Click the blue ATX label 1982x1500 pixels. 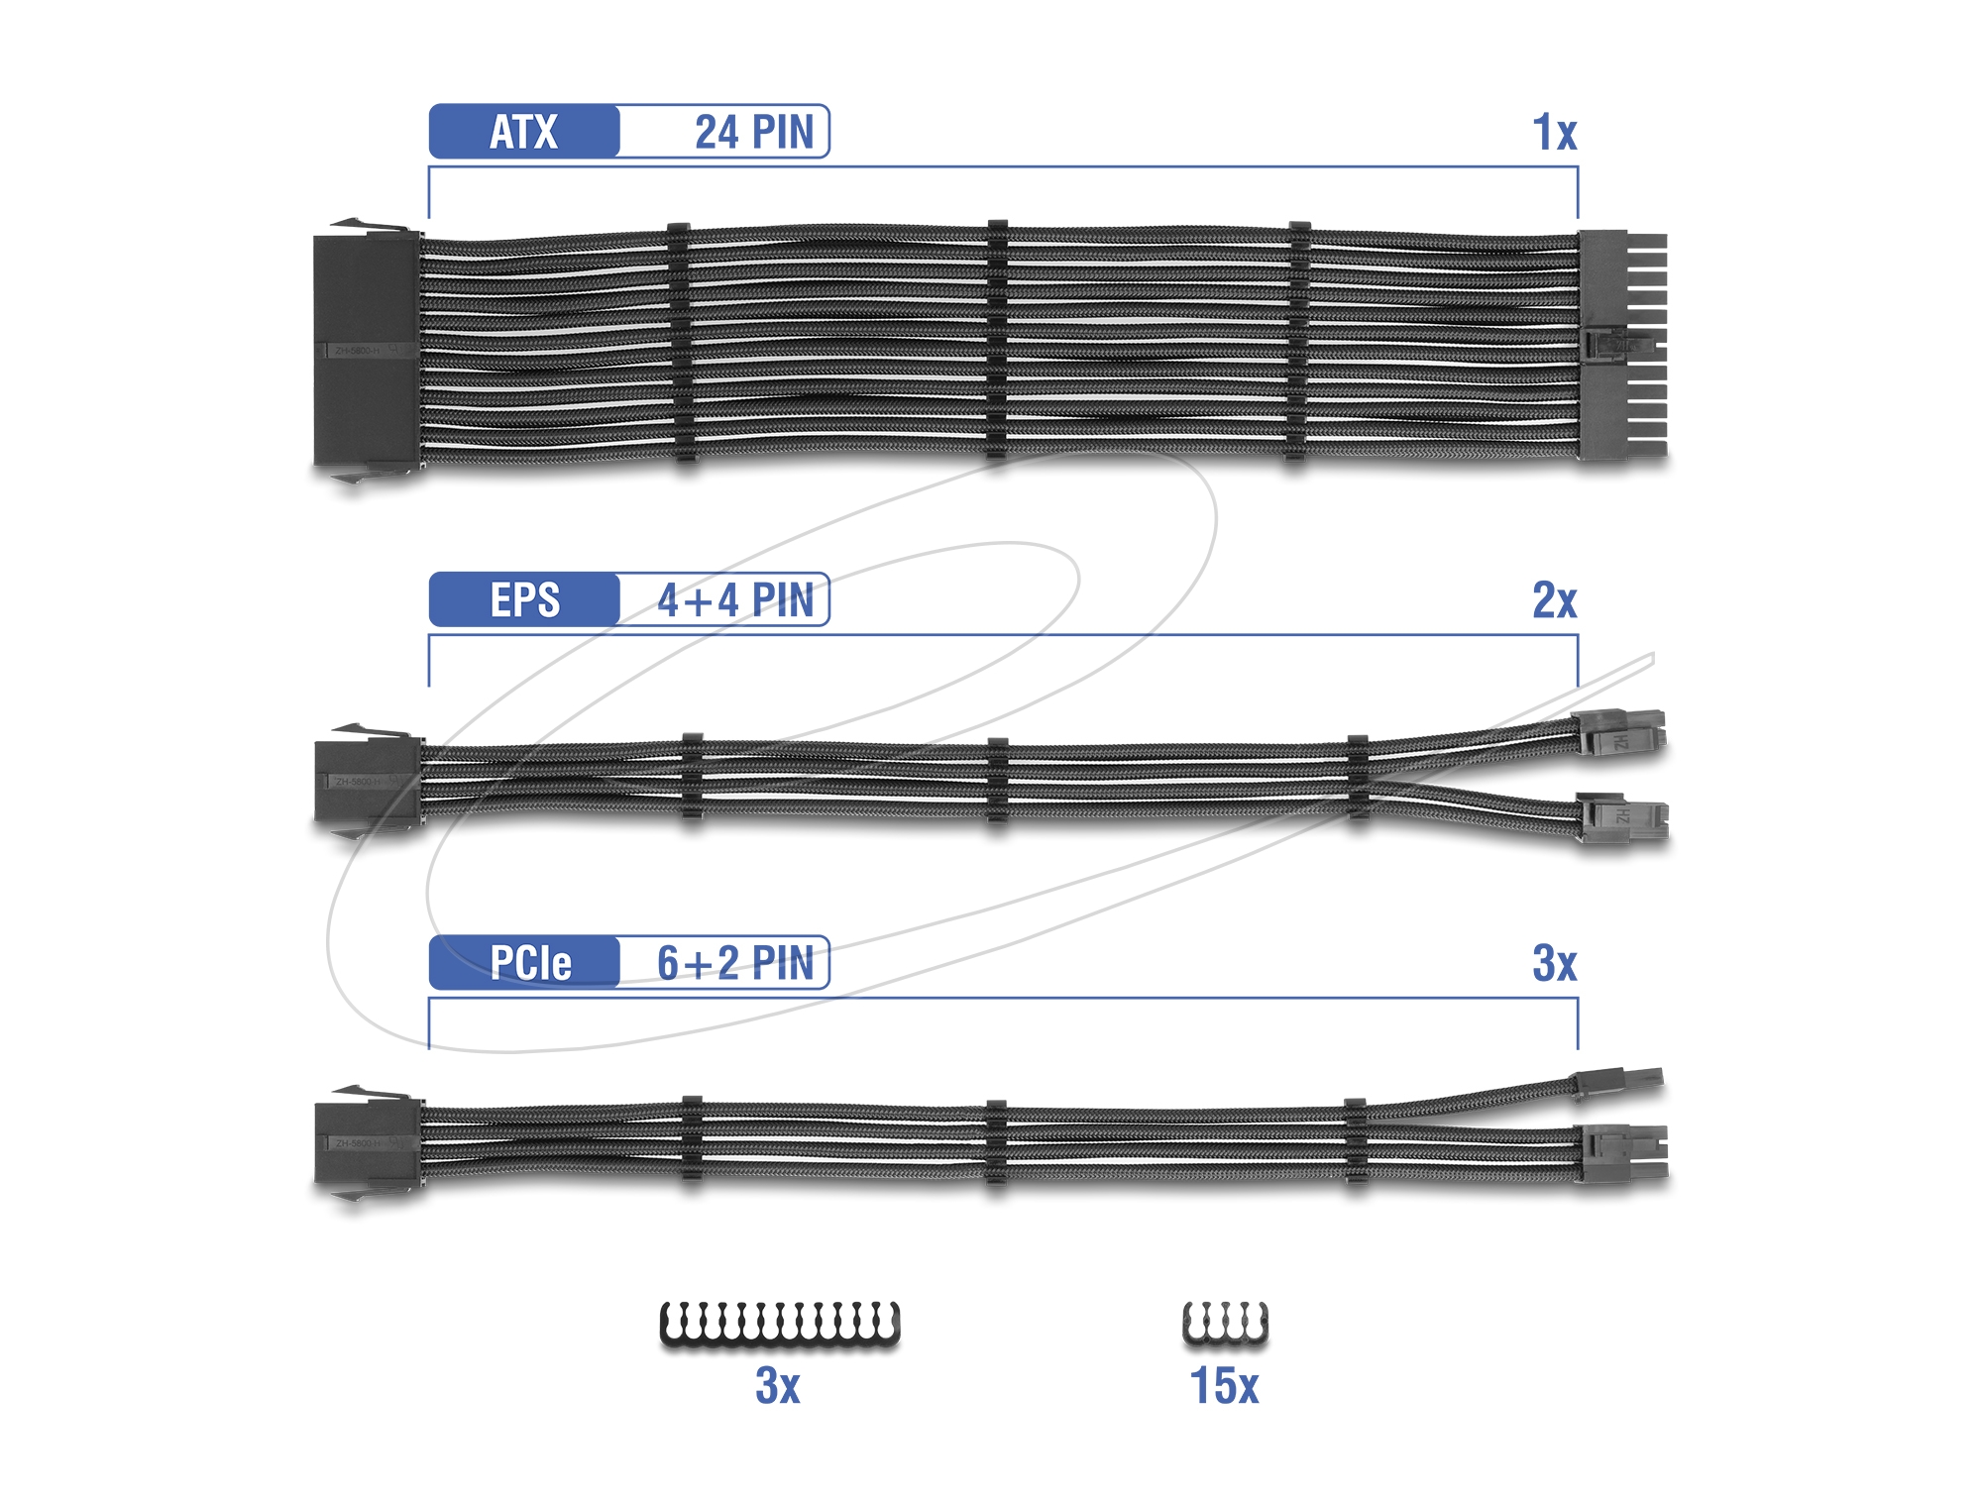coord(524,131)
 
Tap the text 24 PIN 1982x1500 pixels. coord(754,132)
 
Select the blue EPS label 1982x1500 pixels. coord(524,599)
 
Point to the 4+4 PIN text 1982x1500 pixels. coord(735,600)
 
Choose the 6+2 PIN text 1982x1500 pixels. coord(735,963)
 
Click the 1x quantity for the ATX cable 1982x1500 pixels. coord(1554,132)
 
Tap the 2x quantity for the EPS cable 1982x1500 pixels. coord(1554,600)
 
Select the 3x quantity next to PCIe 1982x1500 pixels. coord(1554,963)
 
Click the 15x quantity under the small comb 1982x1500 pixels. coord(1224,1385)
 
